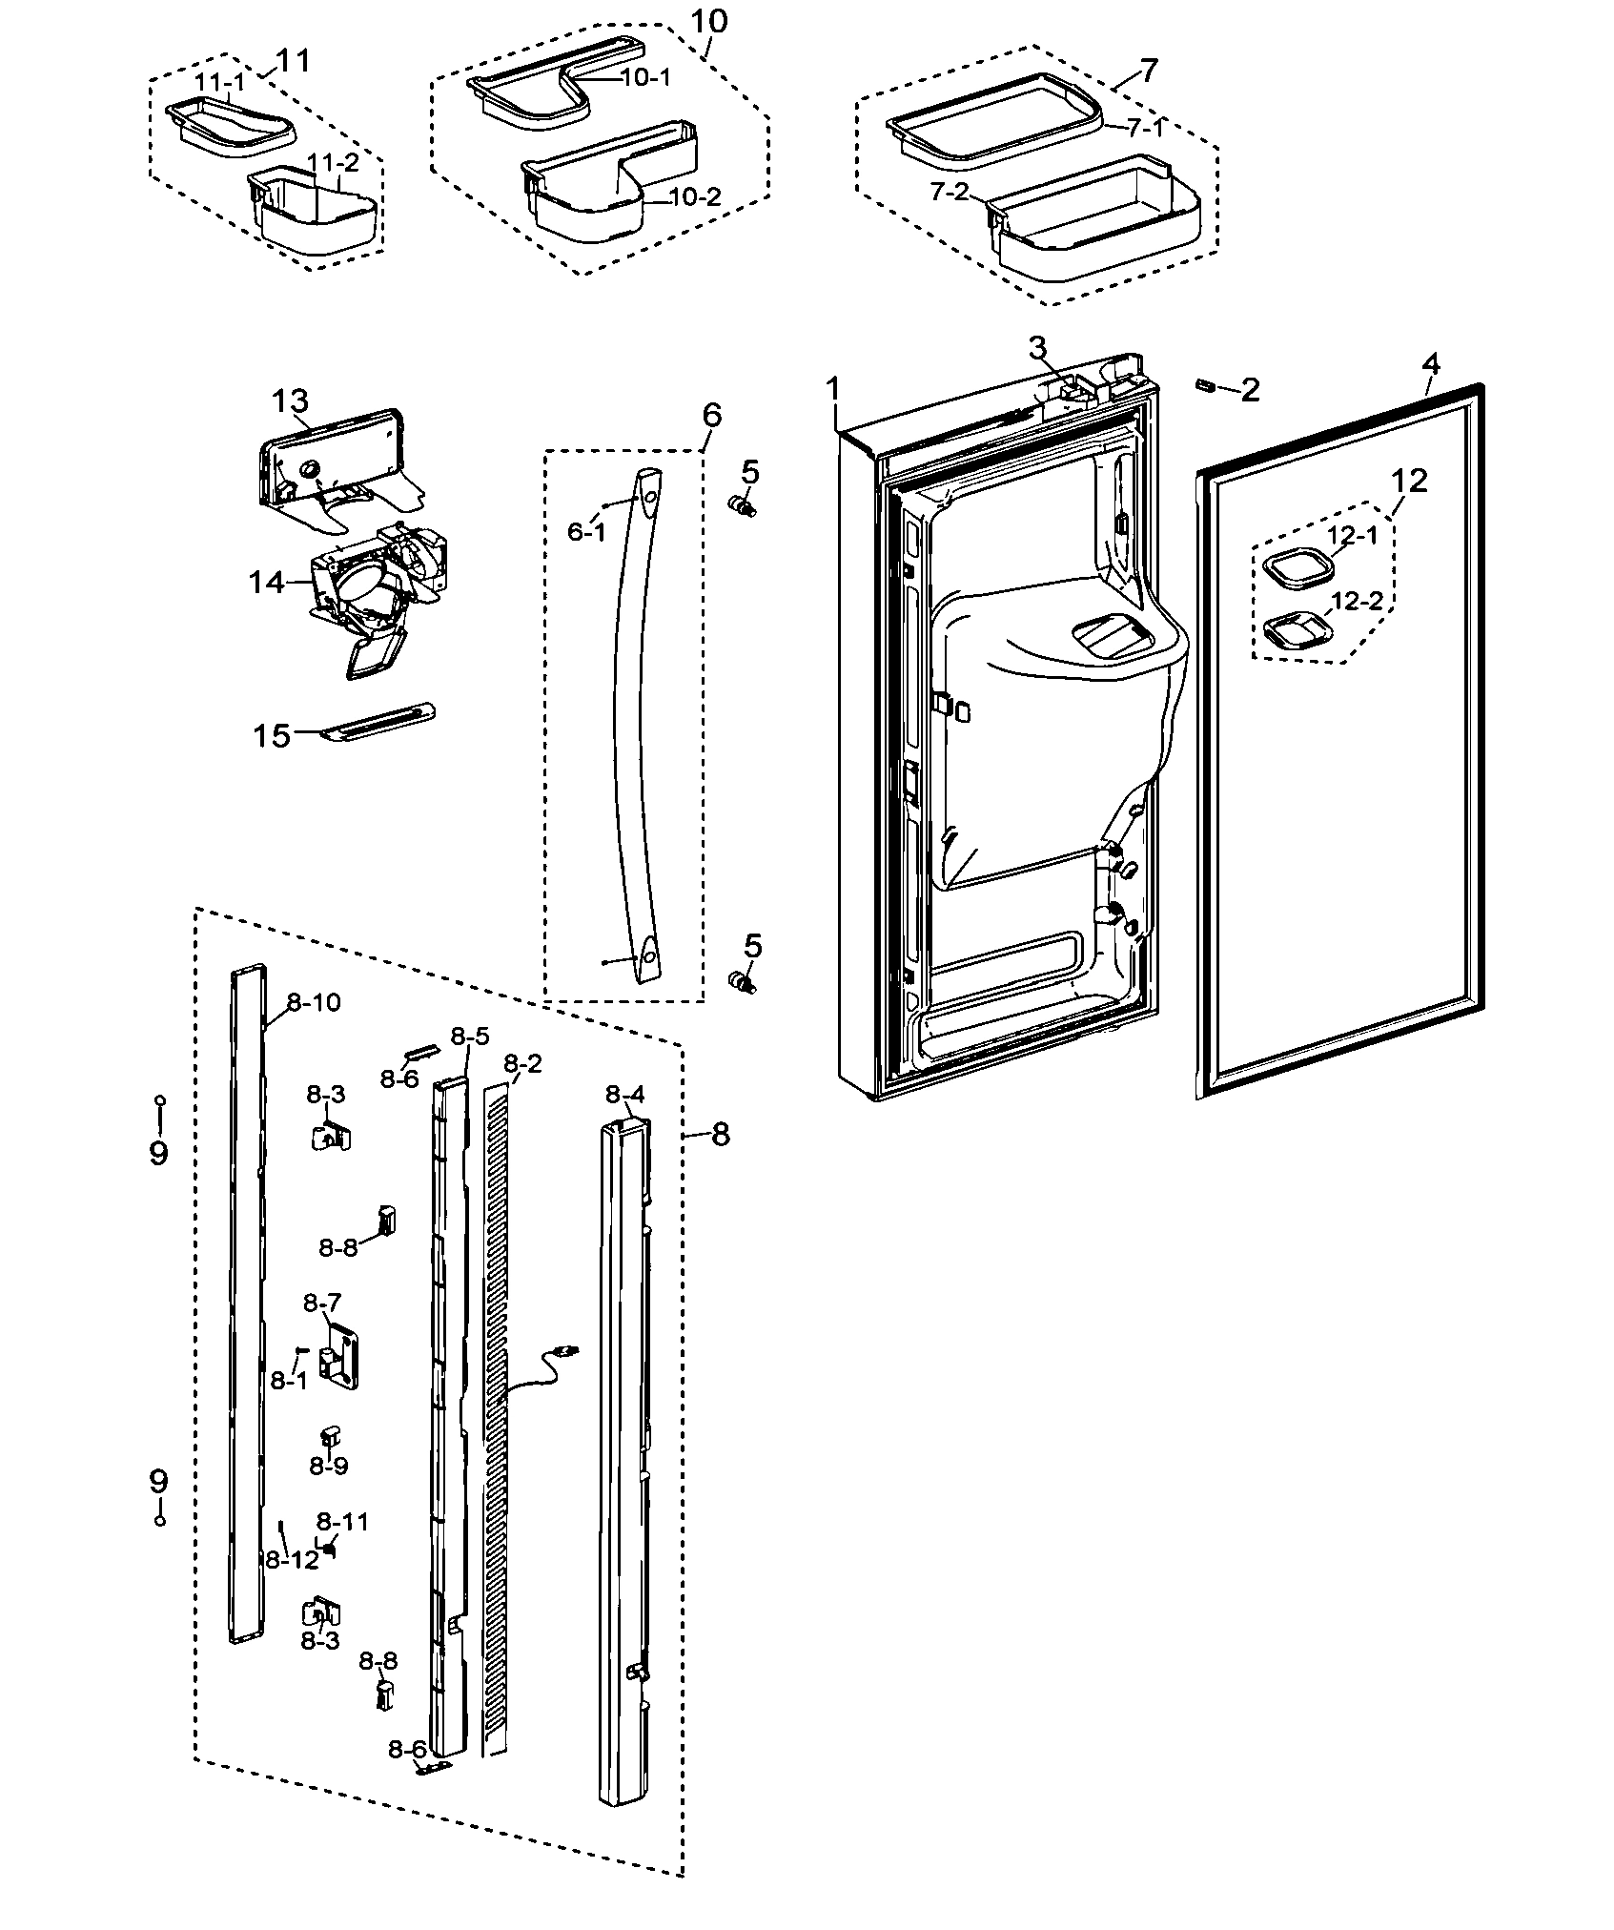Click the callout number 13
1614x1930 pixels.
290,402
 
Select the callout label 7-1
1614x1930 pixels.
1144,129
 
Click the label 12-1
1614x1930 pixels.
1354,537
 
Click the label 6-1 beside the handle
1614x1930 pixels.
586,532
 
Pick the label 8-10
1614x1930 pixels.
313,1002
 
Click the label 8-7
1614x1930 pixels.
322,1302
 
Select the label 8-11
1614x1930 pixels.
342,1521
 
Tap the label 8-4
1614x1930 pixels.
625,1095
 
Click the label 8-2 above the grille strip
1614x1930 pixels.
521,1063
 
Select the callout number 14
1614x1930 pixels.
267,582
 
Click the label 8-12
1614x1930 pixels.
292,1560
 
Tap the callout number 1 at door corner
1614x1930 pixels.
833,390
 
